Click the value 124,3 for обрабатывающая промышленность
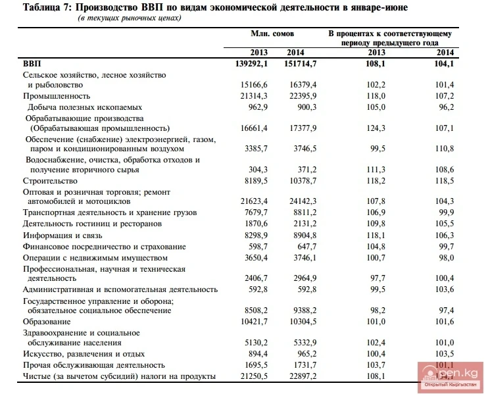click(x=376, y=128)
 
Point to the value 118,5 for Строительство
click(x=445, y=180)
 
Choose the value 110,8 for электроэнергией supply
click(x=445, y=149)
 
